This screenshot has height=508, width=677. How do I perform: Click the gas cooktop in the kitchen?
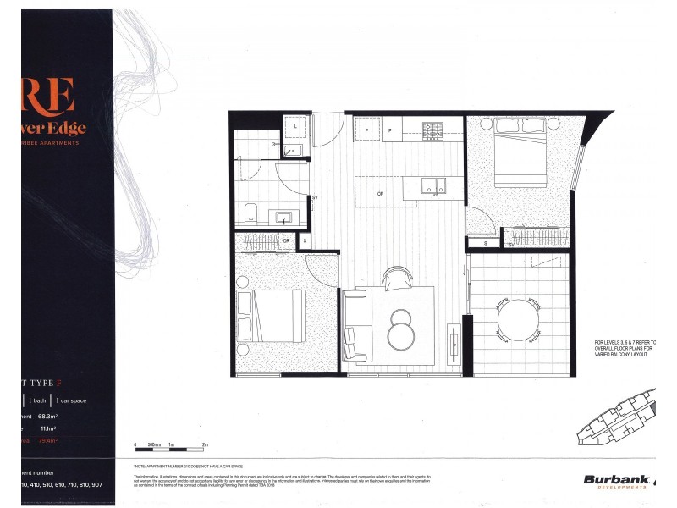pyautogui.click(x=432, y=130)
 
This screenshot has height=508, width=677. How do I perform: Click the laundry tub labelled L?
pyautogui.click(x=294, y=126)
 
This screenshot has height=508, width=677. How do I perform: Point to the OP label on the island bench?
pyautogui.click(x=381, y=193)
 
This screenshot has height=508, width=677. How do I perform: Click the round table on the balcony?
pyautogui.click(x=517, y=318)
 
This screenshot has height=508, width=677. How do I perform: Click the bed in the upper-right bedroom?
pyautogui.click(x=521, y=152)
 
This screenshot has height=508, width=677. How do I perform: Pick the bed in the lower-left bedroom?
pyautogui.click(x=271, y=315)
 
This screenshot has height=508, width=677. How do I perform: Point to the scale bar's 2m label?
pyautogui.click(x=206, y=444)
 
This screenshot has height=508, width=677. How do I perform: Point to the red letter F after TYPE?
pyautogui.click(x=71, y=382)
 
